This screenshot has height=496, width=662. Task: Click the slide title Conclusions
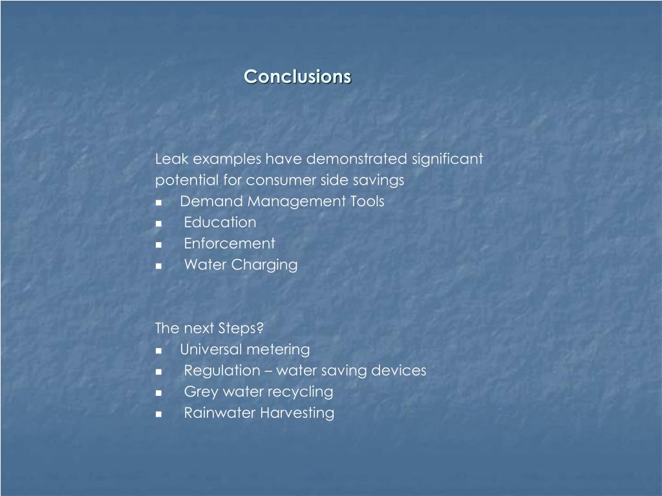point(297,76)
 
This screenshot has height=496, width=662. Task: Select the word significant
point(447,159)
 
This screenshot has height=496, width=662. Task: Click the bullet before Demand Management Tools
point(158,202)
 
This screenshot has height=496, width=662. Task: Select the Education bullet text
point(220,223)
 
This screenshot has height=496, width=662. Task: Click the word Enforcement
point(229,244)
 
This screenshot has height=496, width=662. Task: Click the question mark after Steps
point(261,328)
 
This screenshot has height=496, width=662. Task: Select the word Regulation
point(221,371)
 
